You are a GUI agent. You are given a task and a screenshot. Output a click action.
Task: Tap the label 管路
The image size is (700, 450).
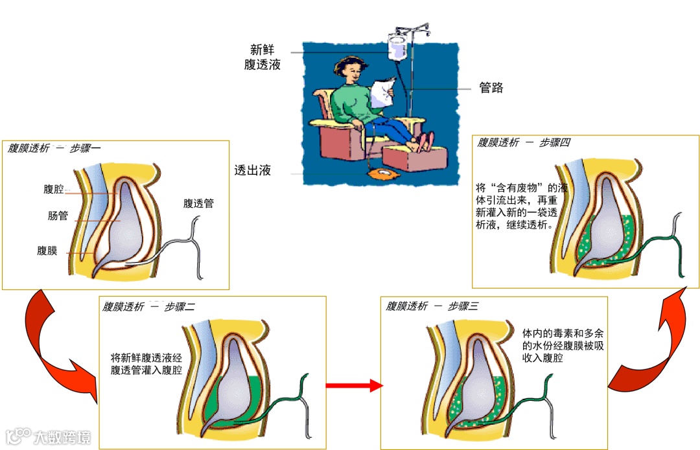coord(491,88)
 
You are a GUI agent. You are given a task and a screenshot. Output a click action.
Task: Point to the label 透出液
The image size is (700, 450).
coord(252,171)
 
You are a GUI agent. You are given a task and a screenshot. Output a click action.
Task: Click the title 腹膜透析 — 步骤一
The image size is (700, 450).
coord(54,148)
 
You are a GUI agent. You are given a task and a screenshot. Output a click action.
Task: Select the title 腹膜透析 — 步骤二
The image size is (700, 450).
coord(148,306)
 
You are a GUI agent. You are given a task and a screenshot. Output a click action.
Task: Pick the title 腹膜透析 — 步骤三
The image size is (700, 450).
coord(432,306)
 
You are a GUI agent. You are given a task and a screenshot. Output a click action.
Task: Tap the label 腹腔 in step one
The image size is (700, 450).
coord(54,189)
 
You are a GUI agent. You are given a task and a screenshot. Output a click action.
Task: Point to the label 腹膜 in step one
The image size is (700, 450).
coord(47,251)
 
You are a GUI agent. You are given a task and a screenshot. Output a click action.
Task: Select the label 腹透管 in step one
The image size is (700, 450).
coord(198,203)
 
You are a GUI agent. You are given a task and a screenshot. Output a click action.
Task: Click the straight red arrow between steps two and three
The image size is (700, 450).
coord(354,386)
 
